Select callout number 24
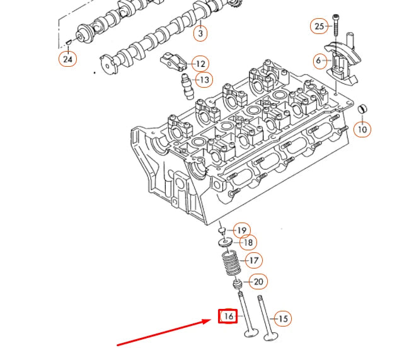pos(67,59)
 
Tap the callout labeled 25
pos(319,26)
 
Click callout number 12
pos(200,64)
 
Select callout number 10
pos(362,129)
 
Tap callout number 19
pos(241,230)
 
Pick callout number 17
pos(253,260)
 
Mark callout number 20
pos(257,282)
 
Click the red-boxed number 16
pos(227,316)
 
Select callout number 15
pos(283,319)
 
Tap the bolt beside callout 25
pos(336,25)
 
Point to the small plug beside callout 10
pos(362,110)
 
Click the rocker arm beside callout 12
pos(175,62)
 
